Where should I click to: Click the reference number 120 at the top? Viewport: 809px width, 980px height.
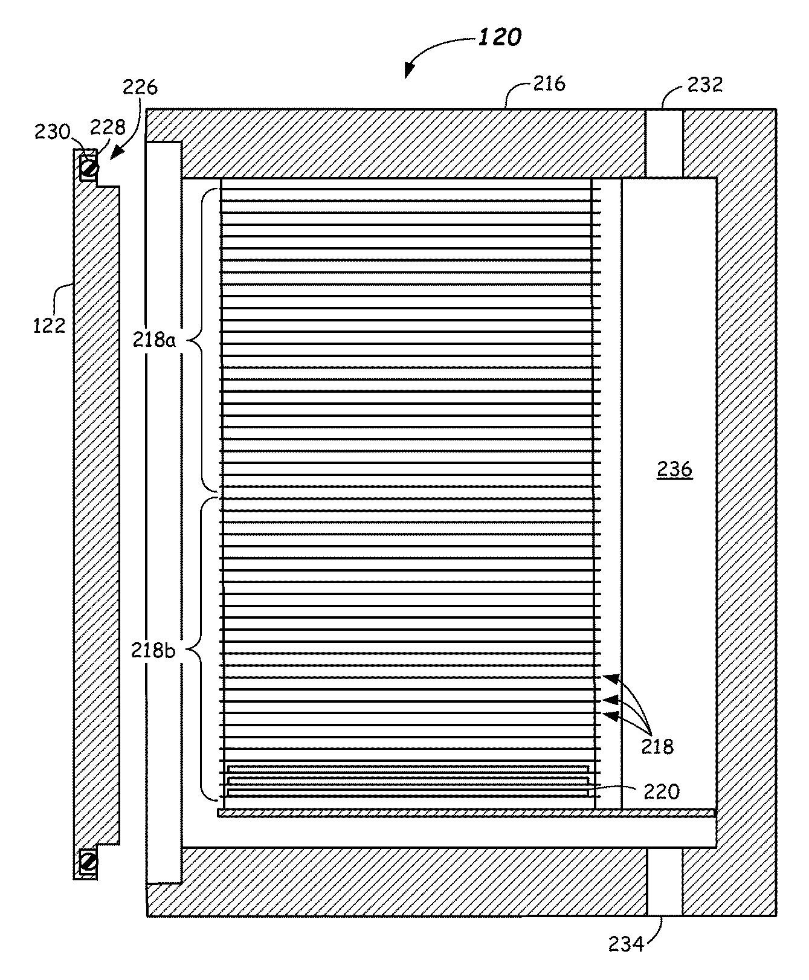[x=500, y=37]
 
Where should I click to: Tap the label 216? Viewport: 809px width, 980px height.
[x=549, y=83]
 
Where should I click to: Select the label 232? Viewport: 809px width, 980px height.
[x=705, y=84]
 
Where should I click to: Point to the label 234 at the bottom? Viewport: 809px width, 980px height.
[x=626, y=943]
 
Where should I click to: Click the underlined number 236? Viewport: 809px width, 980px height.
[x=675, y=469]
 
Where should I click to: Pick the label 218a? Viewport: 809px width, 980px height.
[x=154, y=340]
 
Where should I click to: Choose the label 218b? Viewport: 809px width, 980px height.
[x=154, y=651]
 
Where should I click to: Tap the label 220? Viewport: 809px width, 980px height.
[x=662, y=791]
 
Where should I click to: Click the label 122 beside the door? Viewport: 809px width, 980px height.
[x=49, y=326]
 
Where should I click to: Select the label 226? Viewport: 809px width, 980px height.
[x=140, y=88]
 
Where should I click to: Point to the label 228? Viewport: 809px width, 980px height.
[x=108, y=127]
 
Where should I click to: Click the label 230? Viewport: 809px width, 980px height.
[x=53, y=131]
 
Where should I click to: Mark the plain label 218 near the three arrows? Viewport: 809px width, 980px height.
[x=657, y=747]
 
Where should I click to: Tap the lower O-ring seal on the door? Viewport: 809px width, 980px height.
[x=88, y=860]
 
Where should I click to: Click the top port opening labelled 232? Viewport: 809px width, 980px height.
[x=664, y=143]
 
